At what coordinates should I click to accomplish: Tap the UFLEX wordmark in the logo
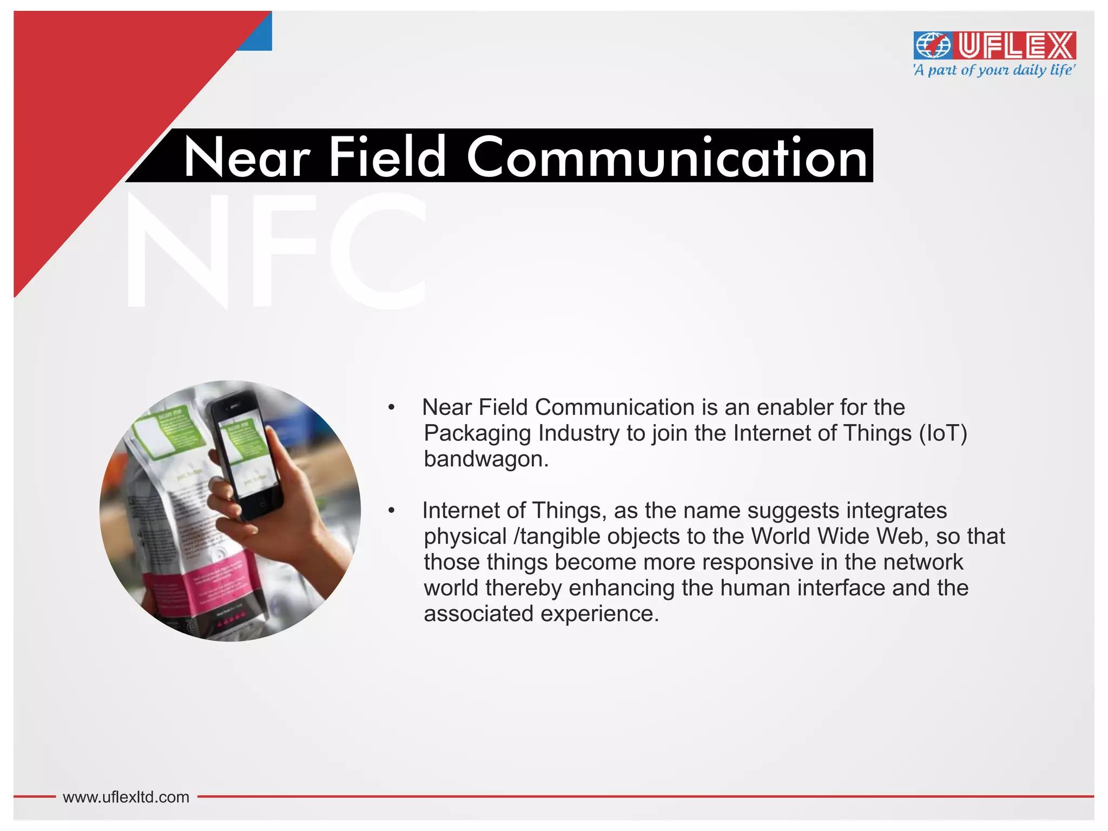[x=1016, y=45]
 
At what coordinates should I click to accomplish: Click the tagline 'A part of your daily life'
[x=994, y=70]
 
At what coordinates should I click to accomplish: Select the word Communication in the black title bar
[x=667, y=157]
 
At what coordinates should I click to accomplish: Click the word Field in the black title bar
[x=387, y=157]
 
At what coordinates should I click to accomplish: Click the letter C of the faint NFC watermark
[x=379, y=252]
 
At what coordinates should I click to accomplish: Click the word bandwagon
[x=486, y=459]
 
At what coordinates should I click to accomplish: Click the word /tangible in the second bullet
[x=556, y=537]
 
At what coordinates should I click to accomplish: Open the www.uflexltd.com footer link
[x=126, y=797]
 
